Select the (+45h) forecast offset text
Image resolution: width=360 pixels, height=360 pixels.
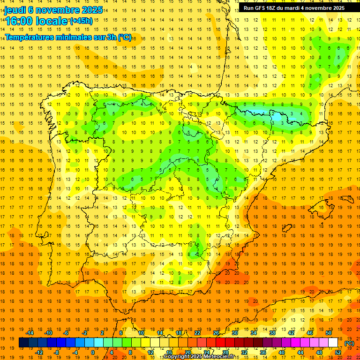[81, 21]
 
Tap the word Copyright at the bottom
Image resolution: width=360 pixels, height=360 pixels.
[176, 357]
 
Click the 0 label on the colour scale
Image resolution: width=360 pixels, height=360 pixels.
[93, 352]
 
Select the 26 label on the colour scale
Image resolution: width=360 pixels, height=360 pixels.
[216, 333]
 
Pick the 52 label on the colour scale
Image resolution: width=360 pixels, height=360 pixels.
[337, 352]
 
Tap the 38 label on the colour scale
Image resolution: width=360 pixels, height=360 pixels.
[272, 333]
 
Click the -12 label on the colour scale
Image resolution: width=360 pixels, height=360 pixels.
[39, 352]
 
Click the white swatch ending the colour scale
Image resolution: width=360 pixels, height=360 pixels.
[333, 343]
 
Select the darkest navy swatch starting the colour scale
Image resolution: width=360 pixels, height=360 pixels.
[23, 343]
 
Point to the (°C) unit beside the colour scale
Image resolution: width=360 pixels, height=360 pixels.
[349, 343]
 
